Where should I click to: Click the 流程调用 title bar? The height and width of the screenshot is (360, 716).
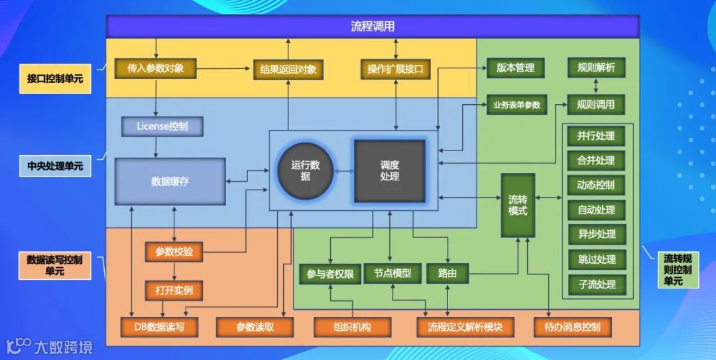click(x=373, y=27)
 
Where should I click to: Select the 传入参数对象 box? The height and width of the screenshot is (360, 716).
click(x=156, y=69)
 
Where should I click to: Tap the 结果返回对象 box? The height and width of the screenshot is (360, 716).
click(x=288, y=69)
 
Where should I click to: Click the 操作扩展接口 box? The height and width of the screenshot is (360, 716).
click(x=395, y=69)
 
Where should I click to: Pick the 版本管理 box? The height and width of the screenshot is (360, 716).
click(x=515, y=68)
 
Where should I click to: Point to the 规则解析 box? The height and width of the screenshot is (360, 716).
click(x=596, y=68)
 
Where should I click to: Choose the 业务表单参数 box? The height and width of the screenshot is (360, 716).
click(x=515, y=104)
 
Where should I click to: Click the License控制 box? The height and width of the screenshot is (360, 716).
click(x=162, y=125)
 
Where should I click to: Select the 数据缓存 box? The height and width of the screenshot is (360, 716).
click(x=170, y=181)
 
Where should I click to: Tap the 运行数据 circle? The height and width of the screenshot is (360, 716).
click(x=305, y=171)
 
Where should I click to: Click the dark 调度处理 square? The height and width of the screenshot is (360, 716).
click(x=390, y=171)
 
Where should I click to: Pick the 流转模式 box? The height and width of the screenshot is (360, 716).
click(x=518, y=205)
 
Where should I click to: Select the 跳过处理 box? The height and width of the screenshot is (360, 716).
click(x=597, y=259)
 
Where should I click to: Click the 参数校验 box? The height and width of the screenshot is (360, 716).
click(x=174, y=252)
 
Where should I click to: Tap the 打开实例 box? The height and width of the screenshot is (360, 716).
click(x=174, y=290)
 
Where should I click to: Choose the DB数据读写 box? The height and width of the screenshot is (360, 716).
click(x=160, y=326)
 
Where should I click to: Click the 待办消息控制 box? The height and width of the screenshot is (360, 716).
click(x=571, y=326)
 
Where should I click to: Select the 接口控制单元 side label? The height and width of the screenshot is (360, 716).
click(x=55, y=78)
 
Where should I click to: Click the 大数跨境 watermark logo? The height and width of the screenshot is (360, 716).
click(x=50, y=345)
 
